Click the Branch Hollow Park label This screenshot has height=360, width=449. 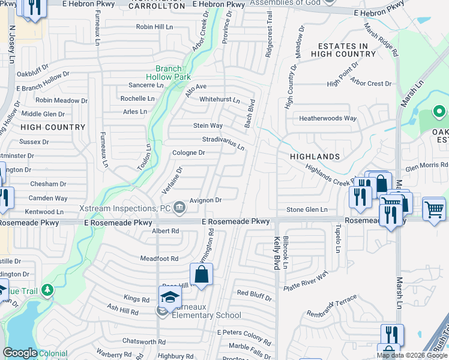click(169, 73)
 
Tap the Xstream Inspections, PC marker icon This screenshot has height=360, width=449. click(179, 208)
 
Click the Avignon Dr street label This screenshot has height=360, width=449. click(206, 200)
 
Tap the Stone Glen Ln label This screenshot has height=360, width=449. click(307, 209)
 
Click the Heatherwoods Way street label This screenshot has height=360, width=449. click(328, 118)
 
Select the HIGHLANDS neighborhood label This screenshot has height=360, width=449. click(315, 157)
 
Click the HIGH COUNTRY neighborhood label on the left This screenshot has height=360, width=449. click(53, 127)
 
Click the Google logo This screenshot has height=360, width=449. click(20, 353)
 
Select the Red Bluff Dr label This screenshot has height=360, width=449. click(255, 293)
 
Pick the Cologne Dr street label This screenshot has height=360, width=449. click(189, 153)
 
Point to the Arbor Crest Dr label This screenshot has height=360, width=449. click(371, 83)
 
